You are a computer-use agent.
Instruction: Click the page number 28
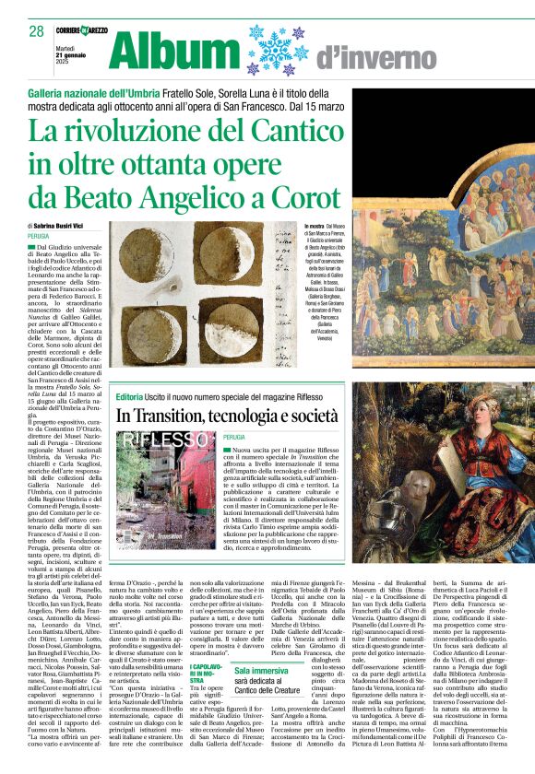[x=37, y=31]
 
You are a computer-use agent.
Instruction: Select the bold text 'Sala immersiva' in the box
[x=261, y=671]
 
